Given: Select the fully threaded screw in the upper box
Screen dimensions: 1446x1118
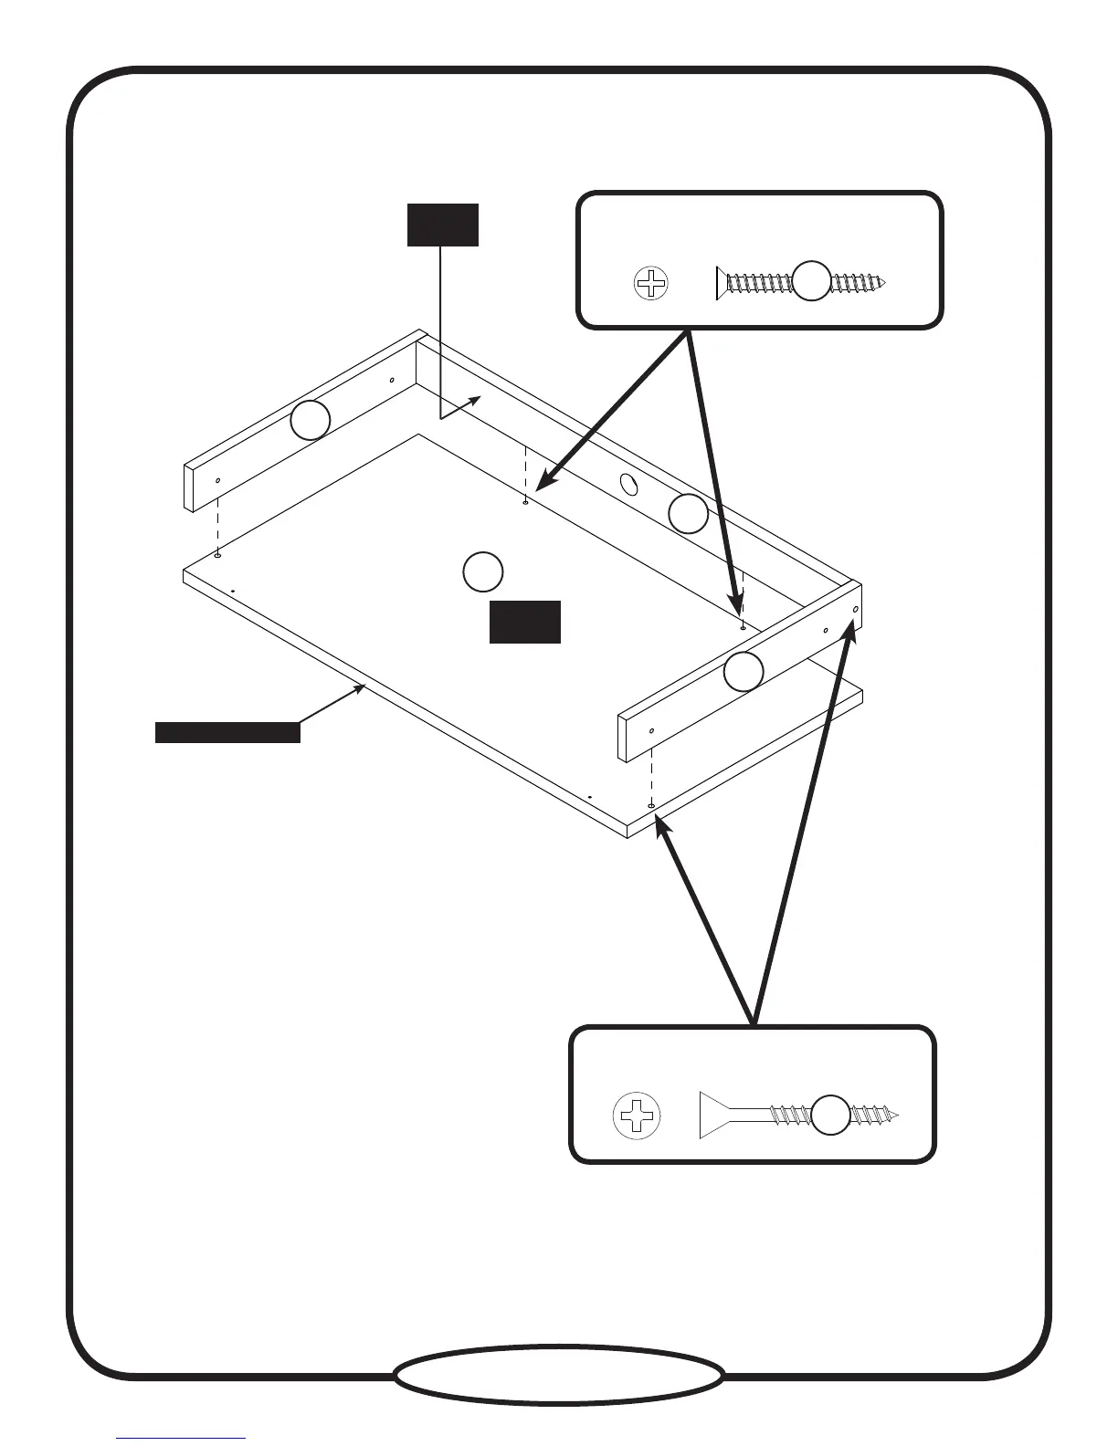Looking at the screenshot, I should click(x=802, y=283).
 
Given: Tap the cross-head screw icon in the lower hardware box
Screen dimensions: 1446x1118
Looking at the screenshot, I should click(x=637, y=1115).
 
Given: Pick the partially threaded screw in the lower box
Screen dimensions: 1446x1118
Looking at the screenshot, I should click(x=798, y=1115).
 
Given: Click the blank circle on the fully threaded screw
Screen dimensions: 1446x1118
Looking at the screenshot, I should click(x=811, y=280).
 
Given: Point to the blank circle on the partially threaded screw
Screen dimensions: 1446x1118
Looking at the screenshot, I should click(x=831, y=1115).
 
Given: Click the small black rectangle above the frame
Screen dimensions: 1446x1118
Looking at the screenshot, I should click(x=442, y=225).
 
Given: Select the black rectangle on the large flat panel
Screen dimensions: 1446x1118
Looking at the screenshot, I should click(x=524, y=622).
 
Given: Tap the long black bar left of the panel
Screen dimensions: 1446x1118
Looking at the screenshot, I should click(x=227, y=732).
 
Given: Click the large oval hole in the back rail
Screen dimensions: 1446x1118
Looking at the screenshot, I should click(x=630, y=484).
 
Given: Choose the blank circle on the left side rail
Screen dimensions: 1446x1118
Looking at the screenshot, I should click(x=311, y=420).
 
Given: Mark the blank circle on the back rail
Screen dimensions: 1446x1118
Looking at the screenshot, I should click(x=688, y=514).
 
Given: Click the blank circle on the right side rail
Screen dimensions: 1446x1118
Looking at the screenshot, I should click(x=744, y=672).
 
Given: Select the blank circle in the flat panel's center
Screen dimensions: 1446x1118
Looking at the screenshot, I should click(x=482, y=571).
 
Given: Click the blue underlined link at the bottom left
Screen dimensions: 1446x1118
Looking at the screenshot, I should click(x=181, y=1440).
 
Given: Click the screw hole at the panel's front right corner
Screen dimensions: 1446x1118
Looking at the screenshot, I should click(x=650, y=806).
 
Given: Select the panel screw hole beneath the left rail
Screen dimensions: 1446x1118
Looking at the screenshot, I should click(x=217, y=553).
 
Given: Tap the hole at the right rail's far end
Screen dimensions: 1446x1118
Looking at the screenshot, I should click(x=855, y=609).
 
